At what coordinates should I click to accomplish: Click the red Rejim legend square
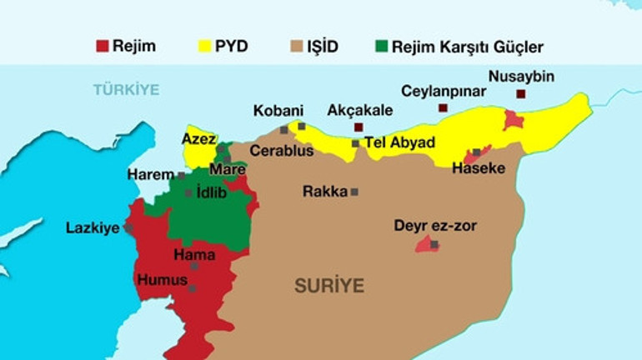pyautogui.click(x=102, y=47)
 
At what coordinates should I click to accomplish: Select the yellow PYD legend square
pyautogui.click(x=203, y=47)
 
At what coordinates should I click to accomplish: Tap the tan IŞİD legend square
pyautogui.click(x=297, y=47)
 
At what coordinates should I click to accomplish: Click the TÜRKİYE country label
pyautogui.click(x=126, y=88)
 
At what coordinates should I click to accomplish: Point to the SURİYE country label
pyautogui.click(x=329, y=286)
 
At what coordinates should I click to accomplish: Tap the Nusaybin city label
pyautogui.click(x=520, y=77)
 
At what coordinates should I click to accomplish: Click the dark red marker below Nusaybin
pyautogui.click(x=520, y=94)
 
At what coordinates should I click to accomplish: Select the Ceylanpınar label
pyautogui.click(x=444, y=91)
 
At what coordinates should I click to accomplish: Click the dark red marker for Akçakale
pyautogui.click(x=359, y=127)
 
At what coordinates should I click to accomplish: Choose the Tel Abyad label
pyautogui.click(x=399, y=142)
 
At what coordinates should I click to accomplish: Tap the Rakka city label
pyautogui.click(x=324, y=192)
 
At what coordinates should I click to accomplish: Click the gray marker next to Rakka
pyautogui.click(x=354, y=192)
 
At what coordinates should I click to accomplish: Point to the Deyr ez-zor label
pyautogui.click(x=435, y=225)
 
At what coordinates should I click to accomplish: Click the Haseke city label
pyautogui.click(x=479, y=168)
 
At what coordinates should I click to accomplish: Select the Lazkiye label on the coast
pyautogui.click(x=93, y=227)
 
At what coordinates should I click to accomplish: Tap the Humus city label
pyautogui.click(x=162, y=280)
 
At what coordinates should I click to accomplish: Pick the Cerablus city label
pyautogui.click(x=282, y=151)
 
